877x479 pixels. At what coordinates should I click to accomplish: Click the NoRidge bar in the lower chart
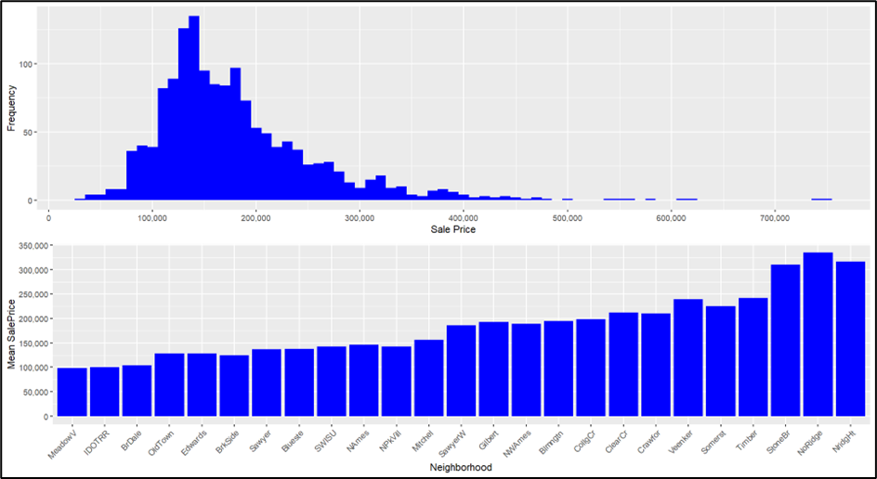click(x=818, y=334)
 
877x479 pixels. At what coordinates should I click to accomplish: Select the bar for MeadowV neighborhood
click(x=72, y=392)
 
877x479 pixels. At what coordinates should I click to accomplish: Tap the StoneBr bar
click(x=785, y=340)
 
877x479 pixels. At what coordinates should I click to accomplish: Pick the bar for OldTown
click(x=169, y=384)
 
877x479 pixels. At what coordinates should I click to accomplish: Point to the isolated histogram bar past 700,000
click(x=821, y=200)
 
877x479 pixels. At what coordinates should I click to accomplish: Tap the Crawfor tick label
click(x=650, y=438)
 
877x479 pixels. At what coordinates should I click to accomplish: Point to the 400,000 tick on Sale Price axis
click(x=463, y=218)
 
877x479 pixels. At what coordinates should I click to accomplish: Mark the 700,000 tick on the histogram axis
click(x=775, y=218)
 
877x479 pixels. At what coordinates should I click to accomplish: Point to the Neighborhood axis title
click(x=456, y=468)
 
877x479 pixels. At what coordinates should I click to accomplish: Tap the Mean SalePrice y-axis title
click(x=11, y=332)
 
